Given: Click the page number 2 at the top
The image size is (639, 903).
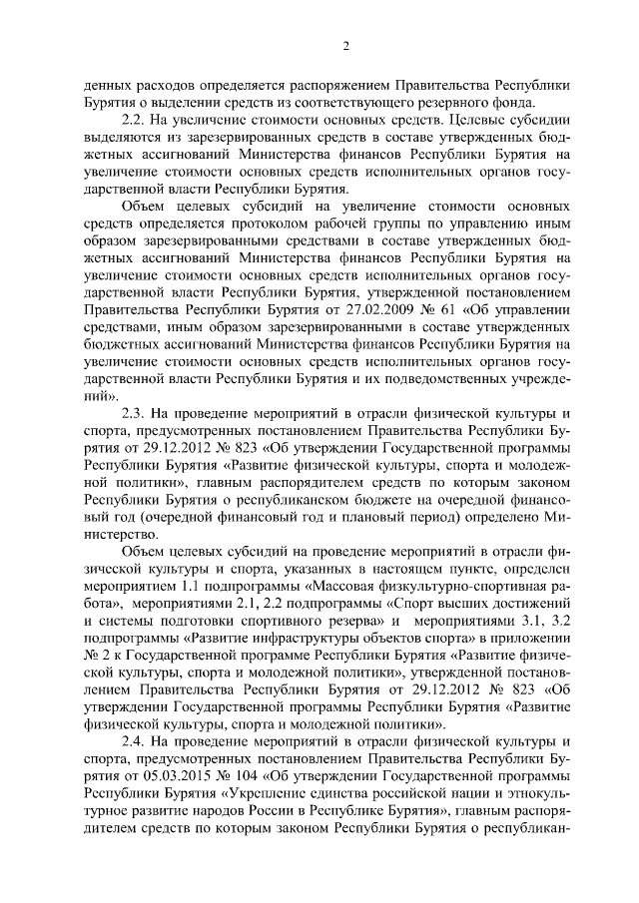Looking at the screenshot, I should [344, 45].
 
